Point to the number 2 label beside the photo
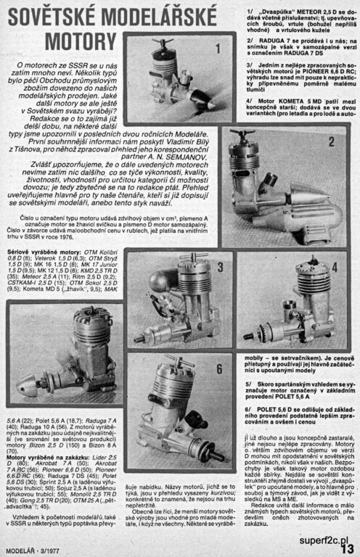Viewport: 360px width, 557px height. (331, 141)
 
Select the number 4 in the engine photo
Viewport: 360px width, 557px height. (335, 265)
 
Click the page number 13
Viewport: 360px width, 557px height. (347, 548)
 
